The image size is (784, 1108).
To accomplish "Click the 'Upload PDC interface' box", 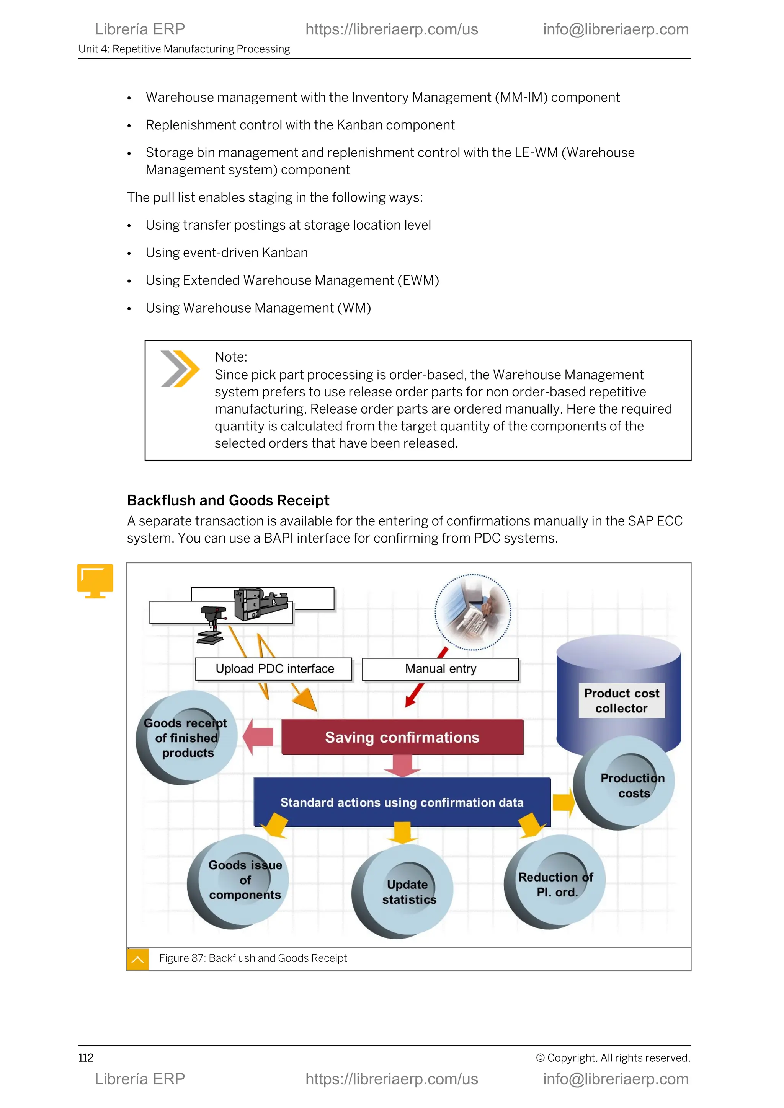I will [274, 669].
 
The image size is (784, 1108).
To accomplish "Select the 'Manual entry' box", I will [440, 669].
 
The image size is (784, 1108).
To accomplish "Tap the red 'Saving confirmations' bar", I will [402, 737].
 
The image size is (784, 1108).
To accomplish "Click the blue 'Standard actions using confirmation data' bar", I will [402, 802].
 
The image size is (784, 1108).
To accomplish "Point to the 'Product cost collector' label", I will [621, 701].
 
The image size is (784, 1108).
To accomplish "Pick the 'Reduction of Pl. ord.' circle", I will [555, 883].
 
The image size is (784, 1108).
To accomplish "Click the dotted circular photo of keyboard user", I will [473, 612].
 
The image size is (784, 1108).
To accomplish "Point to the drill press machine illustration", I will [212, 625].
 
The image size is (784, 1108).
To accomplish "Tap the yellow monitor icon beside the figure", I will [95, 580].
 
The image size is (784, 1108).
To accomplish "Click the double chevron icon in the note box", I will [180, 369].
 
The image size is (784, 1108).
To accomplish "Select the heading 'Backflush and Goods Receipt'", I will [228, 500].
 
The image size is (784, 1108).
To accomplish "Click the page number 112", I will [86, 1058].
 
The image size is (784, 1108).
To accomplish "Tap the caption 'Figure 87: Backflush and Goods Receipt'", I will [253, 958].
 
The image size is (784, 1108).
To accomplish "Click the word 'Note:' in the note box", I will [231, 357].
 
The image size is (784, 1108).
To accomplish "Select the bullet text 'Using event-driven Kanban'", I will [226, 253].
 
